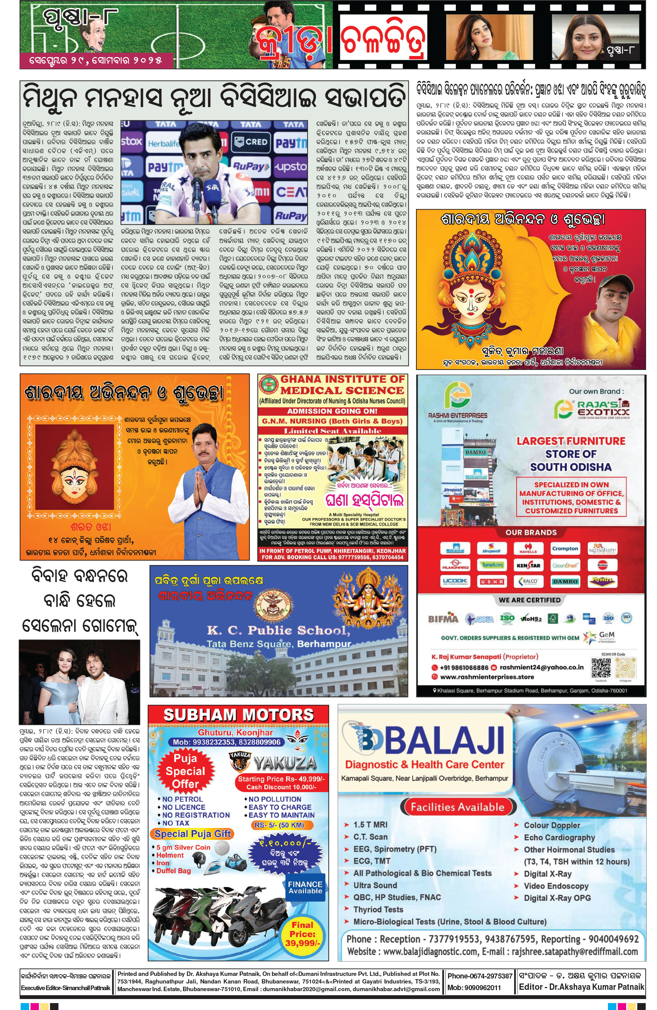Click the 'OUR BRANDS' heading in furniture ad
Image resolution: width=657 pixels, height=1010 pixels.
pyautogui.click(x=530, y=532)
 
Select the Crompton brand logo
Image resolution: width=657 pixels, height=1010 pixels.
pyautogui.click(x=565, y=549)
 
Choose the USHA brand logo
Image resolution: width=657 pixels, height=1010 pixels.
pyautogui.click(x=492, y=581)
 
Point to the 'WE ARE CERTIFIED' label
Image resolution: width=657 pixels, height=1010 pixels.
pyautogui.click(x=529, y=600)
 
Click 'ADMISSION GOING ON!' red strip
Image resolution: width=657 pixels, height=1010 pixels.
pyautogui.click(x=332, y=411)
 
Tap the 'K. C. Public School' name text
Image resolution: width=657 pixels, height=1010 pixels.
pyautogui.click(x=278, y=630)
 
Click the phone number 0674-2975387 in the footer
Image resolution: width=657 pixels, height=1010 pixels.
pyautogui.click(x=480, y=976)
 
